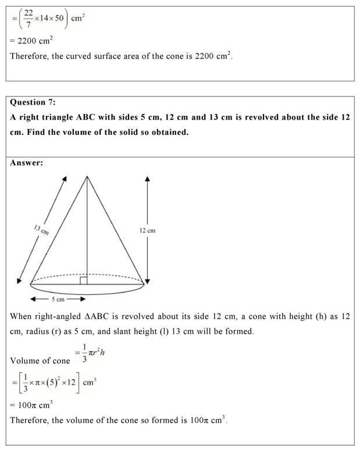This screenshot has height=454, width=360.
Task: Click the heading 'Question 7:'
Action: pyautogui.click(x=33, y=102)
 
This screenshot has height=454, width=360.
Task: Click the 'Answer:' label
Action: pyautogui.click(x=27, y=163)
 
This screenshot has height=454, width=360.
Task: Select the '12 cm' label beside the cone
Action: pyautogui.click(x=147, y=231)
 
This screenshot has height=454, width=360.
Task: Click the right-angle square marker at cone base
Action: pyautogui.click(x=84, y=281)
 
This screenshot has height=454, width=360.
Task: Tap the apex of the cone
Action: pyautogui.click(x=87, y=176)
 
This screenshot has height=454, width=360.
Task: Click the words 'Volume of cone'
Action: pyautogui.click(x=40, y=361)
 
